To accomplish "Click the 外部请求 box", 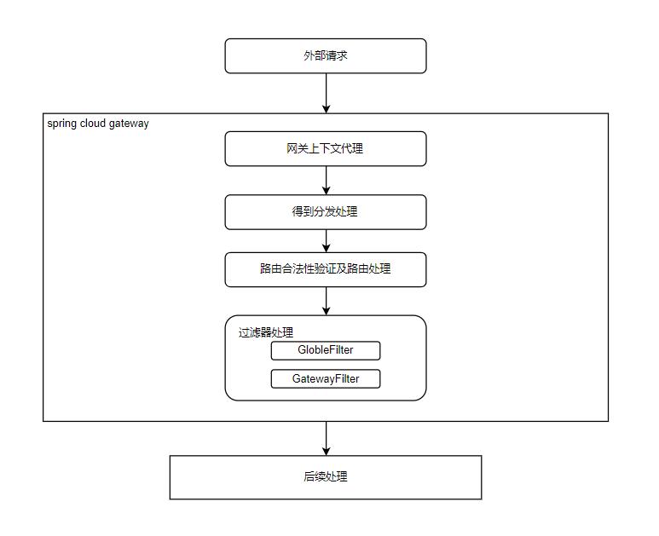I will pyautogui.click(x=325, y=55).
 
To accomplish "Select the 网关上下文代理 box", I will pyautogui.click(x=325, y=148).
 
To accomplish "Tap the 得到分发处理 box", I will pyautogui.click(x=325, y=212).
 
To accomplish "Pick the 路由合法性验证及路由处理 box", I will pyautogui.click(x=325, y=269).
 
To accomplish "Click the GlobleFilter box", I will pyautogui.click(x=325, y=350).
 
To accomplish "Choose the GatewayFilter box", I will pyautogui.click(x=325, y=378).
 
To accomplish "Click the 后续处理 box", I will pyautogui.click(x=325, y=477).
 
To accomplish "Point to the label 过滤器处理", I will pyautogui.click(x=266, y=332).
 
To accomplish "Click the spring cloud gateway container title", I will pyautogui.click(x=98, y=124).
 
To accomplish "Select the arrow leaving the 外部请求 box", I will pyautogui.click(x=326, y=93).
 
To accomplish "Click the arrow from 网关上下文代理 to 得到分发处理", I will pyautogui.click(x=326, y=180).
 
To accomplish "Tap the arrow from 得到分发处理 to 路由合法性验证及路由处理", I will pyautogui.click(x=326, y=240).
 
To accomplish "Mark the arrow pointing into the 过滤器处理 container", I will pyautogui.click(x=326, y=301).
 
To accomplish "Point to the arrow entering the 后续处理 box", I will pyautogui.click(x=326, y=438).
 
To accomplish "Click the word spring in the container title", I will pyautogui.click(x=62, y=124).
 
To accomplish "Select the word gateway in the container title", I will pyautogui.click(x=129, y=124).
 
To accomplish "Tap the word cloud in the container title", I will pyautogui.click(x=93, y=124).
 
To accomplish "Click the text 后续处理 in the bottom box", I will pyautogui.click(x=325, y=477).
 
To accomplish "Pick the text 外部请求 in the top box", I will pyautogui.click(x=325, y=55).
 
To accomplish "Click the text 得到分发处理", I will pyautogui.click(x=325, y=212).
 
